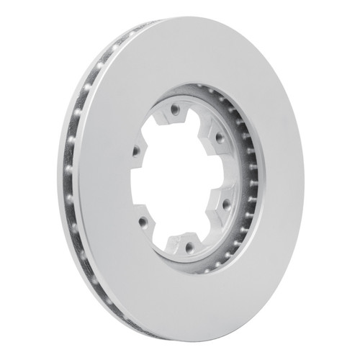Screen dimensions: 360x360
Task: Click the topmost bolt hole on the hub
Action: (x=174, y=110)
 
